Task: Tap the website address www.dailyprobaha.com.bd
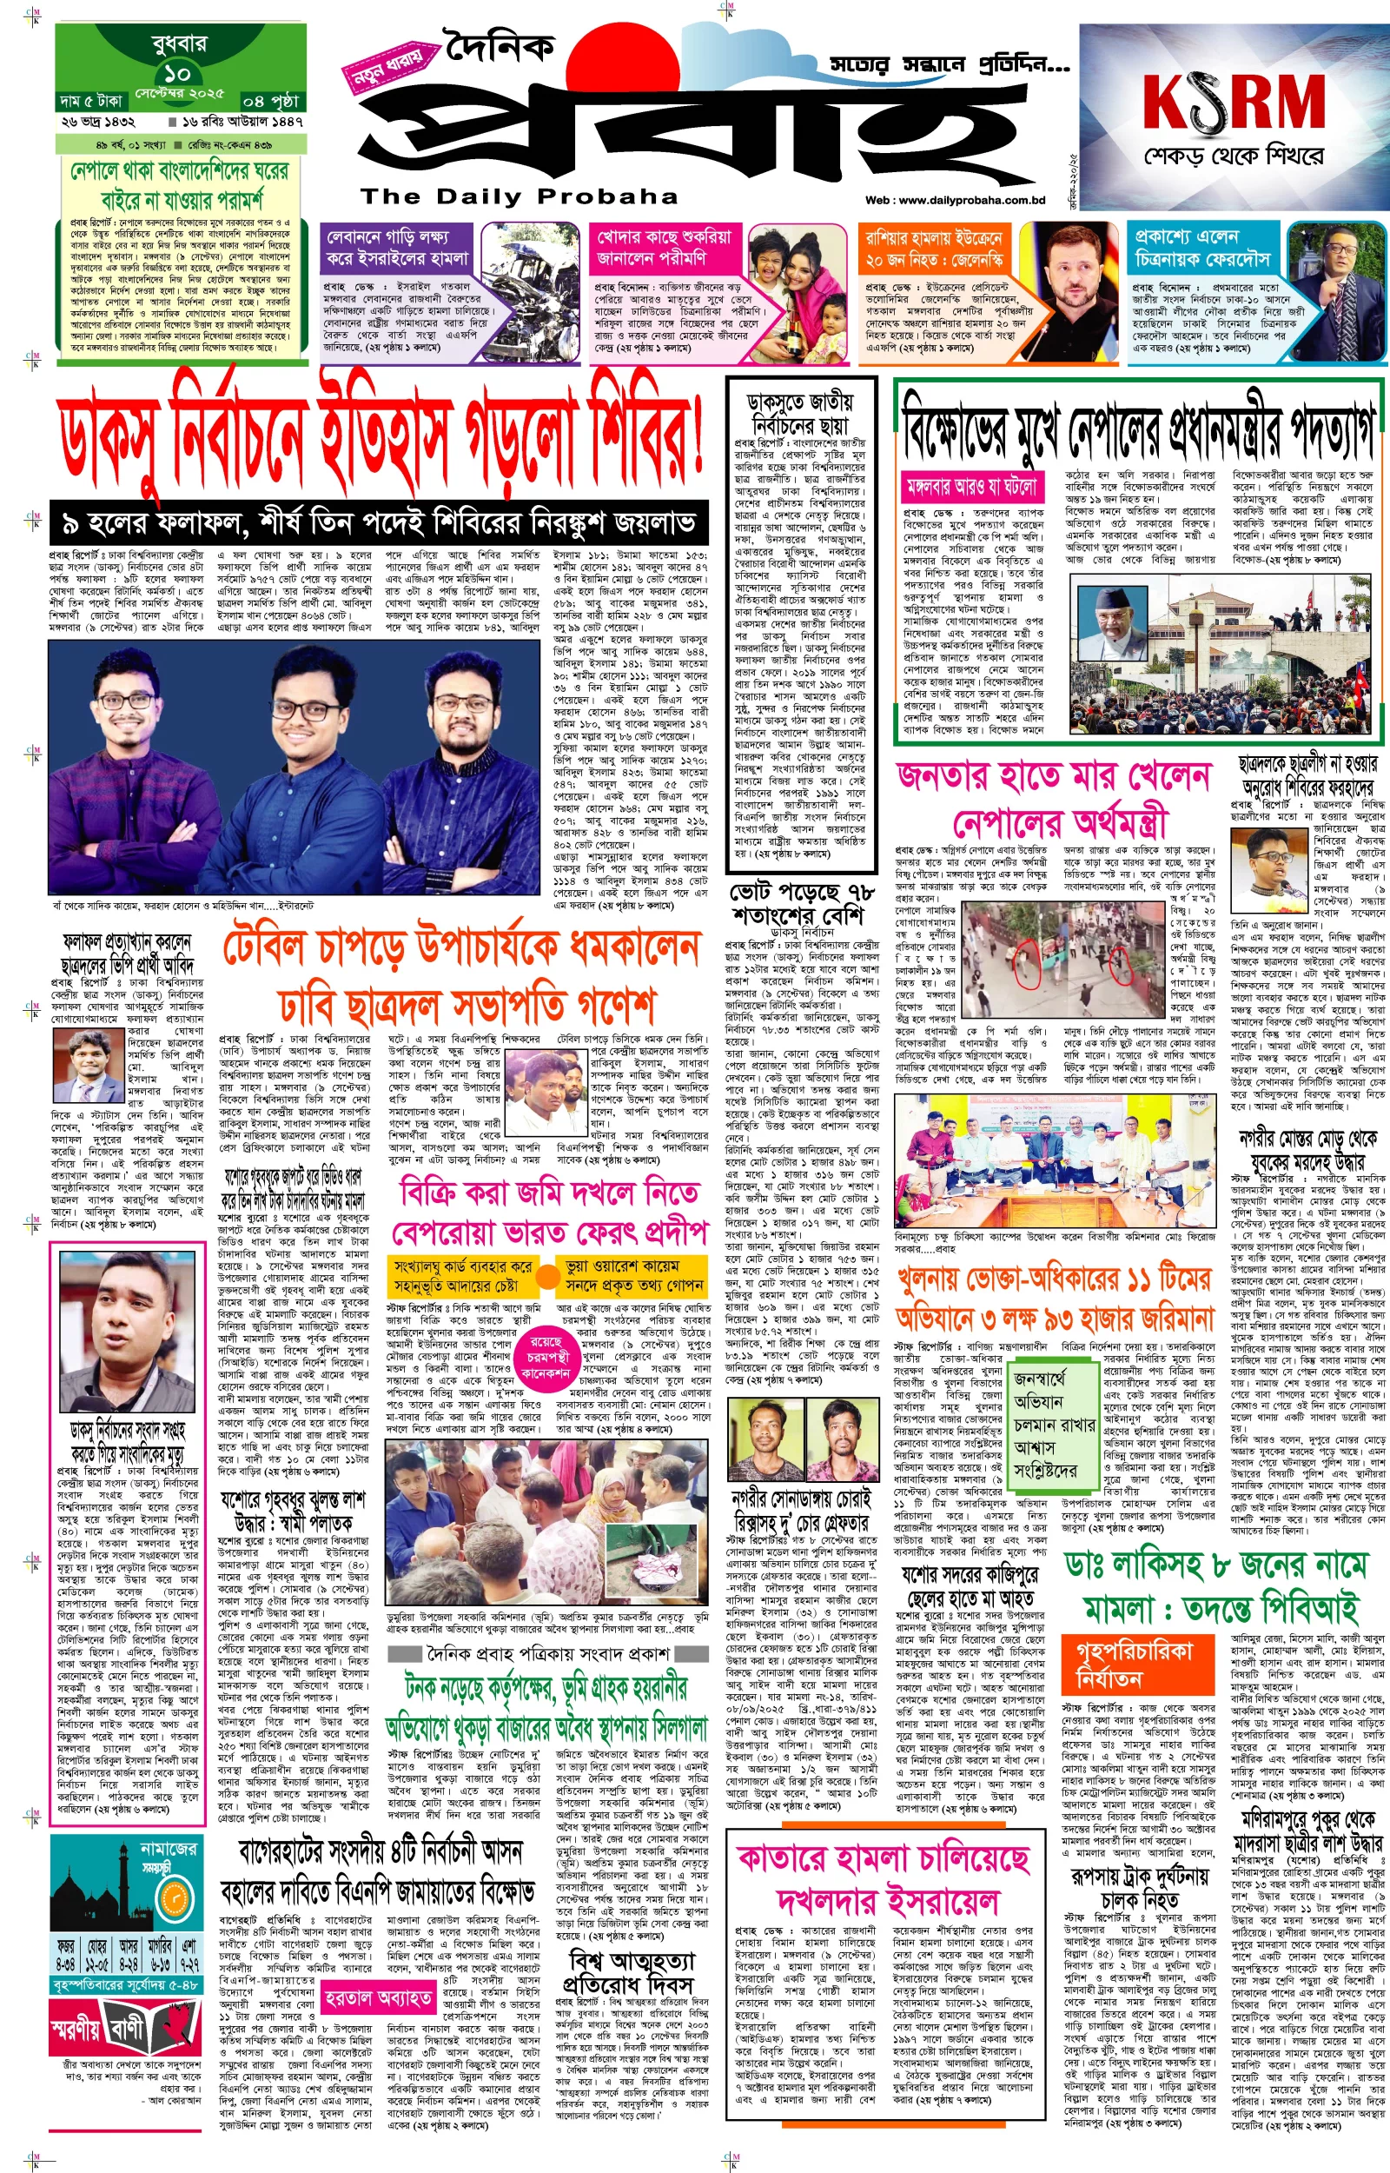pyautogui.click(x=954, y=201)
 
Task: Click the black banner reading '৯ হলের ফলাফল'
pyautogui.click(x=378, y=522)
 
